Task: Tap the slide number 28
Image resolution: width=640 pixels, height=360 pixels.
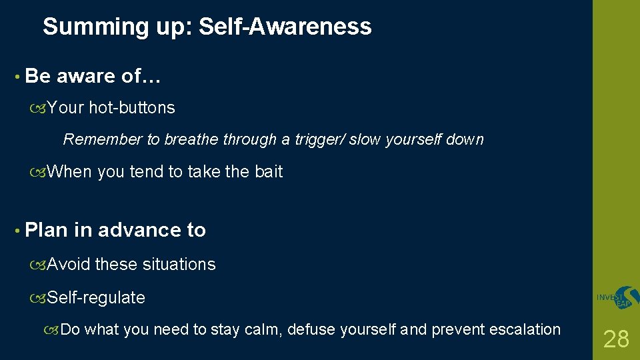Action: pos(616,339)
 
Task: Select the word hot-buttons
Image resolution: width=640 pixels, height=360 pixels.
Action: pos(132,108)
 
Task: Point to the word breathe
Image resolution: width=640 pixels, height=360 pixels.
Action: pos(191,140)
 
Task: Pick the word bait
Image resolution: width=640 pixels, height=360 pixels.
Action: pos(269,172)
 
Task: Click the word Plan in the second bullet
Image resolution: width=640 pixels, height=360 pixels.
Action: pos(46,230)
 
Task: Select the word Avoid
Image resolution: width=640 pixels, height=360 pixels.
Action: pos(69,265)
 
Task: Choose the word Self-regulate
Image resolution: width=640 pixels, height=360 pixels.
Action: pos(97,297)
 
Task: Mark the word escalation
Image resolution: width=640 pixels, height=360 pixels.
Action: pos(525,329)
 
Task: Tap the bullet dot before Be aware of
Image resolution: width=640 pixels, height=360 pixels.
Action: pos(15,77)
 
